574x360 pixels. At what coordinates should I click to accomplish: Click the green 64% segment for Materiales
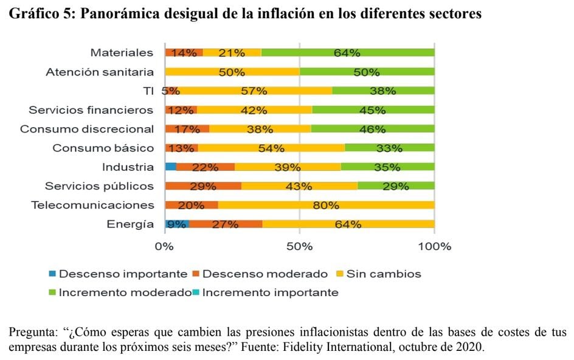(349, 52)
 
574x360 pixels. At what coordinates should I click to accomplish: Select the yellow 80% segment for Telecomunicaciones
(326, 205)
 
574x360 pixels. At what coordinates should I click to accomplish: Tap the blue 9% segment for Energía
(176, 224)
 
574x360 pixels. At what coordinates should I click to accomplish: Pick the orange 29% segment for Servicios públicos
(203, 185)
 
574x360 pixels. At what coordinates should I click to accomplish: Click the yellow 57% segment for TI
(254, 91)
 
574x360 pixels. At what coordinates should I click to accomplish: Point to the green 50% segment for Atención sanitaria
(367, 72)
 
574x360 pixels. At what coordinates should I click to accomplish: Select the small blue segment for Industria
(170, 167)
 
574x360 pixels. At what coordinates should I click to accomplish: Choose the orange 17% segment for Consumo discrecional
(187, 129)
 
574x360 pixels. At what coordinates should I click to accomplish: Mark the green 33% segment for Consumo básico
(389, 148)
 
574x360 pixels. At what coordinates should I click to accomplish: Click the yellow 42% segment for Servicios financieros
(254, 110)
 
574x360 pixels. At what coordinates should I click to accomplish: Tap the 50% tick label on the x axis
(299, 247)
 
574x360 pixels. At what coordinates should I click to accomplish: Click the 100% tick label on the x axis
(434, 247)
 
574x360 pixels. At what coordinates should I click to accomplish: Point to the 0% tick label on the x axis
(164, 247)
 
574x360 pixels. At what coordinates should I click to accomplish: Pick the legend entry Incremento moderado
(125, 292)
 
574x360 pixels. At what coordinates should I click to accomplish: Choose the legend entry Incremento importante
(270, 292)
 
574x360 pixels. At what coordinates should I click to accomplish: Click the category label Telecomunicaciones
(92, 205)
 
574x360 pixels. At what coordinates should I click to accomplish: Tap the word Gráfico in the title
(33, 13)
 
